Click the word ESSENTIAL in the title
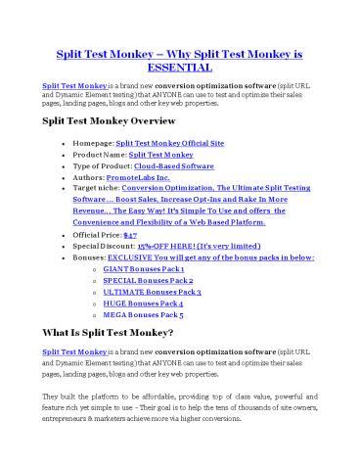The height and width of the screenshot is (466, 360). [180, 68]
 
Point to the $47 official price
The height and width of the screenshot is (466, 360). [144, 234]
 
